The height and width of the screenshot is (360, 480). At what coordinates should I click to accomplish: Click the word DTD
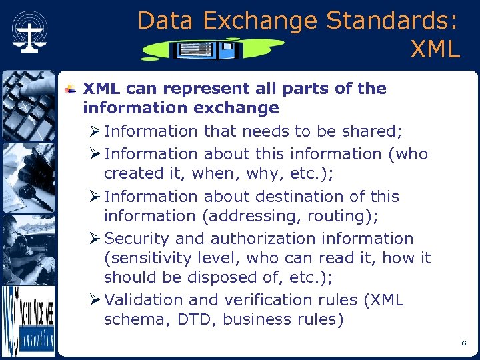click(197, 320)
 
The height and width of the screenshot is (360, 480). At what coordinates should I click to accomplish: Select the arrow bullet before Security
click(97, 239)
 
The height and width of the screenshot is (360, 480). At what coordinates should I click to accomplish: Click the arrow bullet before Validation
click(97, 300)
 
